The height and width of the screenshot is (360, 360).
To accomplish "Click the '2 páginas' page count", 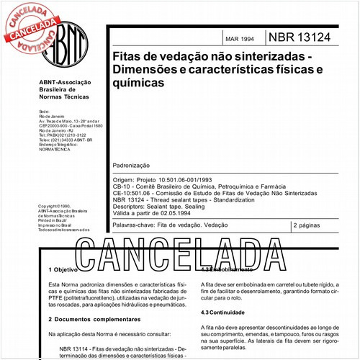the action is click(x=311, y=225).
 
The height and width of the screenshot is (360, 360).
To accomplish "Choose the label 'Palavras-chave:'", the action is click(x=138, y=225).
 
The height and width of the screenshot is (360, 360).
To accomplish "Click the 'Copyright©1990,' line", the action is click(x=57, y=206).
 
